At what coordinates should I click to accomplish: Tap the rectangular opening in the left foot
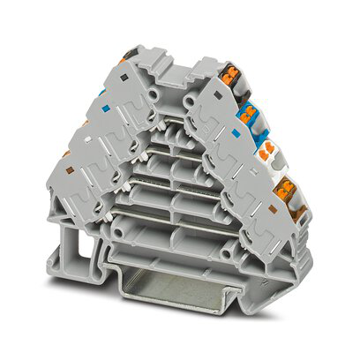[63, 249]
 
